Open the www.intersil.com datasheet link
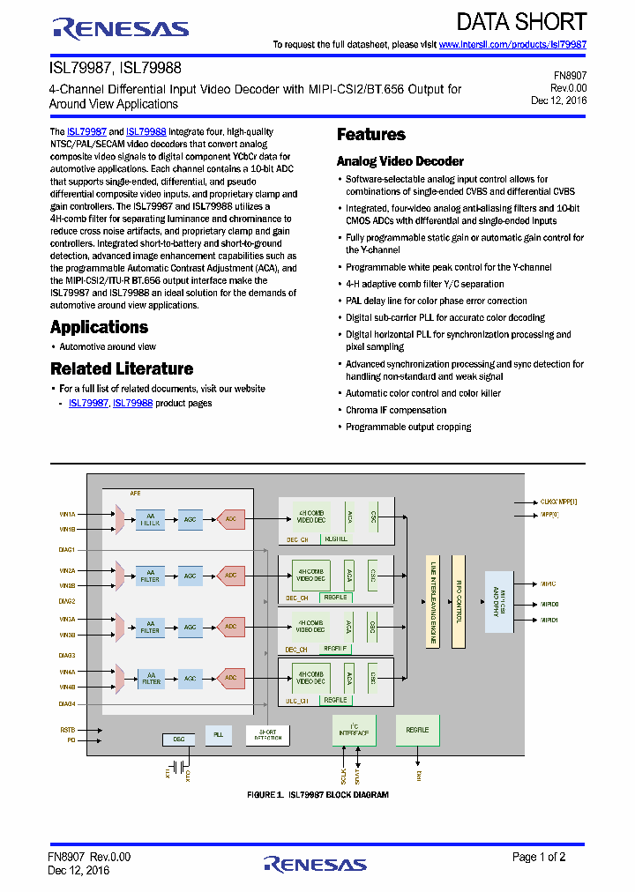(512, 44)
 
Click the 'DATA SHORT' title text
(522, 21)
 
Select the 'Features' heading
(371, 135)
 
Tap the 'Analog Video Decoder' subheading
(400, 161)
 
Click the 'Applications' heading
(99, 327)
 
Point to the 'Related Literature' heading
(122, 368)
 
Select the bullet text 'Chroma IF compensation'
(396, 410)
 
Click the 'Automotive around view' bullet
(108, 347)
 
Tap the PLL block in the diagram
(218, 734)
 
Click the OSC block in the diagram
(179, 739)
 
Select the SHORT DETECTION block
(267, 734)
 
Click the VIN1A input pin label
(67, 513)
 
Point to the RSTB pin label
(68, 730)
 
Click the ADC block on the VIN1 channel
(230, 520)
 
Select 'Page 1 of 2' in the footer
(539, 857)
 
